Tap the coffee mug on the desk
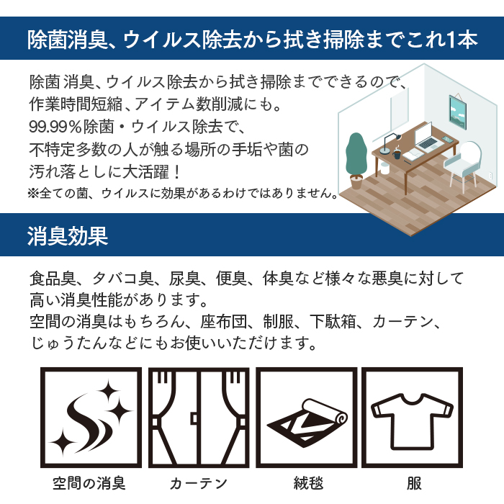coord(397,153)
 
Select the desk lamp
coord(390,143)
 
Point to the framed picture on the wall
coord(458,112)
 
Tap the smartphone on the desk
coord(447,139)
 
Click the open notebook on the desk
coord(413,155)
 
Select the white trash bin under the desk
coord(384,168)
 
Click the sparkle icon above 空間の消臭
coord(91,418)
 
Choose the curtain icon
coord(199,418)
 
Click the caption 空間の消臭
coord(89,483)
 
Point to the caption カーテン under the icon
coord(199,483)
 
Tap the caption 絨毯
coord(308,483)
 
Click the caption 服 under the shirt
coord(414,483)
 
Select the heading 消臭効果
coord(68,236)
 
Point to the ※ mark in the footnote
coord(33,193)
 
